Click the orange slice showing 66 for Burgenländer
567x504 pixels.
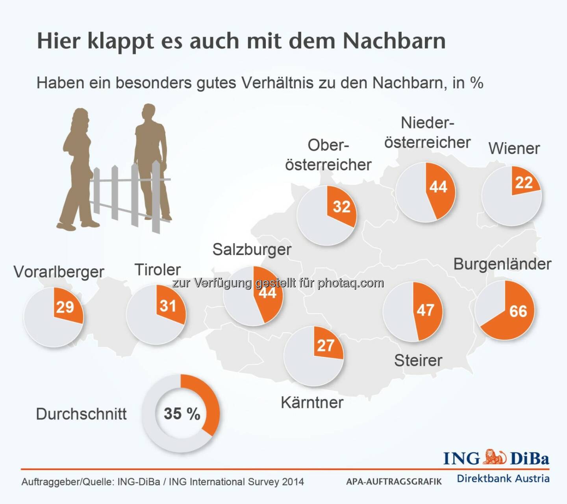click(x=512, y=315)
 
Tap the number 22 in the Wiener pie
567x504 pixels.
click(x=524, y=182)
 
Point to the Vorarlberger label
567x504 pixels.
click(x=59, y=272)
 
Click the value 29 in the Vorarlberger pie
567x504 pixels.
click(x=65, y=307)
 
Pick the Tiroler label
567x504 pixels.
click(x=157, y=270)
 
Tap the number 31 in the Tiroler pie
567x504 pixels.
click(x=168, y=306)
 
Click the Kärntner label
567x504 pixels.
click(x=312, y=402)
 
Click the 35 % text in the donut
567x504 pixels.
click(x=182, y=413)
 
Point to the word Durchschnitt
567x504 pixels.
click(x=81, y=414)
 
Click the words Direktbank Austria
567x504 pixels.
click(x=503, y=479)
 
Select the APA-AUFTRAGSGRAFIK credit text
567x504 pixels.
click(x=394, y=482)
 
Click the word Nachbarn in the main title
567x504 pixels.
click(x=394, y=41)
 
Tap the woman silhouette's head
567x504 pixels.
click(x=80, y=117)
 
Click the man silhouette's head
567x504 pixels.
click(x=148, y=113)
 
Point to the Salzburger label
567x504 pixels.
click(x=252, y=249)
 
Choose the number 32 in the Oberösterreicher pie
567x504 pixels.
click(x=341, y=206)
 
